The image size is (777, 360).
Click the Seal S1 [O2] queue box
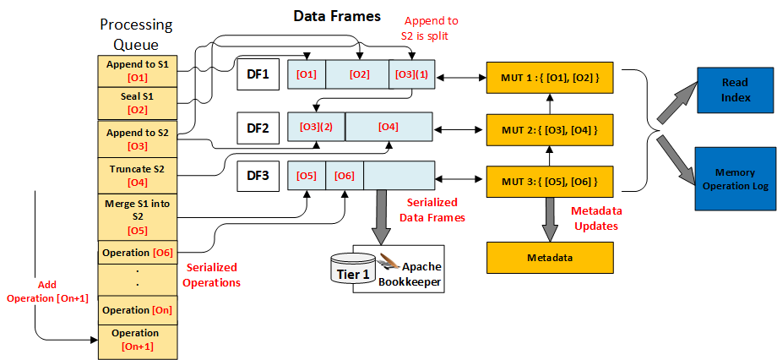[138, 103]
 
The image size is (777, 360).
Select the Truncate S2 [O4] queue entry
[138, 175]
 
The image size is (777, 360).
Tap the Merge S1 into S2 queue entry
[138, 216]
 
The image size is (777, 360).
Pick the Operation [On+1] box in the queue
[138, 340]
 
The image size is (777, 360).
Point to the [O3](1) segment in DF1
[411, 74]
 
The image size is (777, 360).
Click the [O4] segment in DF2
[388, 127]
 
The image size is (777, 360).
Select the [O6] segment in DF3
[345, 176]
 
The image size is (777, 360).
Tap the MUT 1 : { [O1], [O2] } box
[550, 78]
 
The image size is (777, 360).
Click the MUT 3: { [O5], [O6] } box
[550, 181]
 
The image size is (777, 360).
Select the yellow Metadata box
[550, 256]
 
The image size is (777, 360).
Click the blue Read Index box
[736, 90]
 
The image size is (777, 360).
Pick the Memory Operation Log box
[736, 178]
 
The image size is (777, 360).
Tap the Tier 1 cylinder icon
[347, 268]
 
